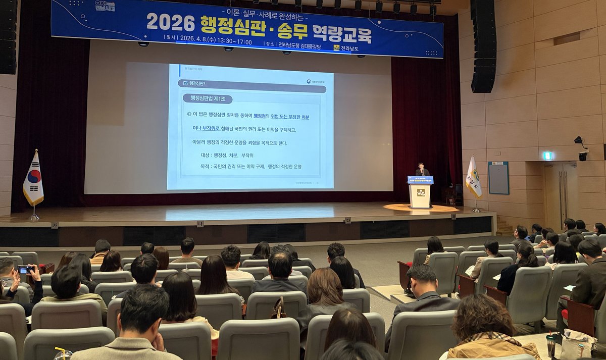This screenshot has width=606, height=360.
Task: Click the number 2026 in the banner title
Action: point(170,23)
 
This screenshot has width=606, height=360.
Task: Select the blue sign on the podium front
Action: point(420,180)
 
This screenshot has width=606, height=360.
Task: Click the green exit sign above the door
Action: point(547,156)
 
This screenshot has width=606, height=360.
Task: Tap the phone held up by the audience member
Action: point(24,270)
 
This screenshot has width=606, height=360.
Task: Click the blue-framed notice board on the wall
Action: point(498,178)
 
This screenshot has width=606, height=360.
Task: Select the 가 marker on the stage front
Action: point(54,225)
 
